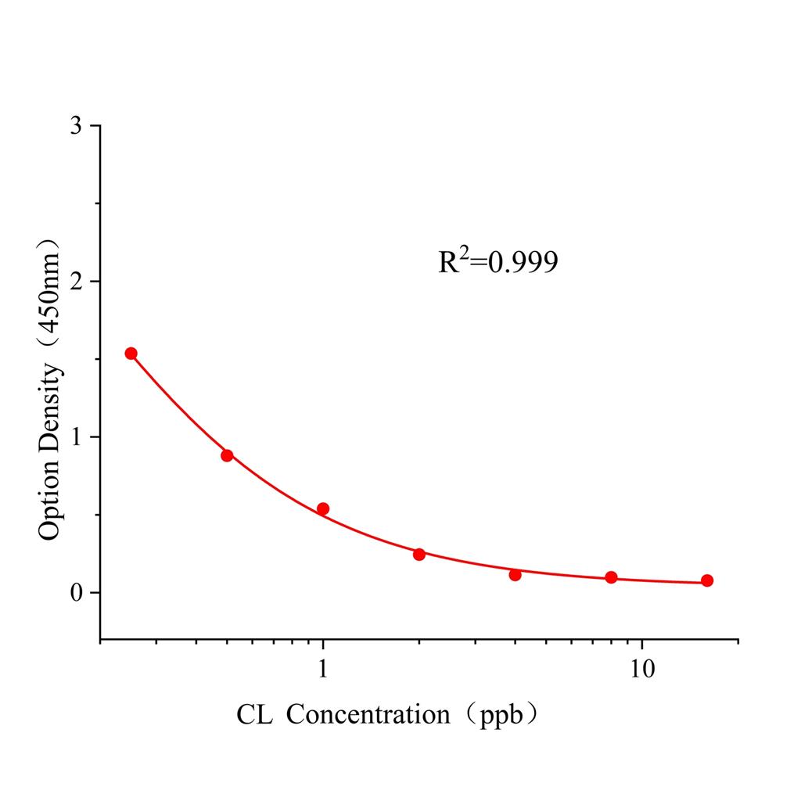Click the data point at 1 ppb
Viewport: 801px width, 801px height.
[x=323, y=509]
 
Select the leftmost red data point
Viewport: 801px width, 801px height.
[x=131, y=354]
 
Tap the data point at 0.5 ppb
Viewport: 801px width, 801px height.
[x=227, y=455]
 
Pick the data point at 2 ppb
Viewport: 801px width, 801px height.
[x=419, y=555]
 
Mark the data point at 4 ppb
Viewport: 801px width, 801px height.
[x=515, y=575]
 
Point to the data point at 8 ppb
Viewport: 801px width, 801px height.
[x=611, y=577]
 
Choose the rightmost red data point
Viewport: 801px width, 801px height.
[x=707, y=580]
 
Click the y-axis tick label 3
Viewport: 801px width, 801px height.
[x=75, y=126]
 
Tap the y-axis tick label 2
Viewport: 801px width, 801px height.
[x=75, y=282]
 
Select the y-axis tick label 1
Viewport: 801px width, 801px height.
[x=75, y=436]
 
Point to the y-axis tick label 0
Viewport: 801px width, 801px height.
[x=75, y=592]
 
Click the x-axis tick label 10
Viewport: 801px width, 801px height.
[x=642, y=670]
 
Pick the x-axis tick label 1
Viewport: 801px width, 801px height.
[x=323, y=670]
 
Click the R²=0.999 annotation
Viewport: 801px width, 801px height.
[x=497, y=262]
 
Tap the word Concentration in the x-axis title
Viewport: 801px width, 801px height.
[x=368, y=714]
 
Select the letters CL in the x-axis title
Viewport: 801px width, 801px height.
[x=255, y=714]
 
